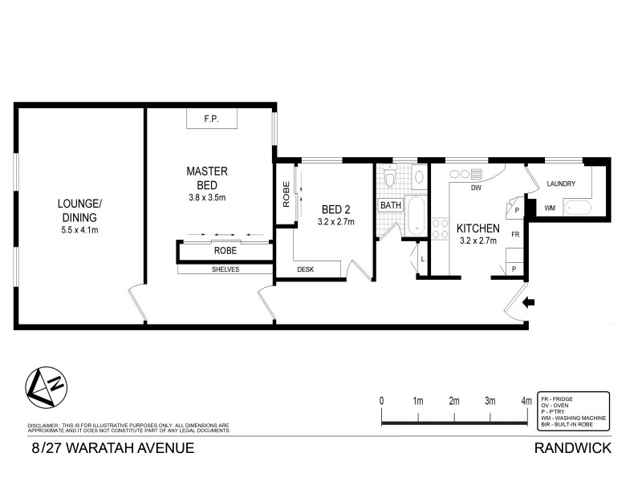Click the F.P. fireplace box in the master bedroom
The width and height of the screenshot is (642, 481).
click(212, 119)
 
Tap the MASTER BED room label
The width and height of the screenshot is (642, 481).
click(207, 178)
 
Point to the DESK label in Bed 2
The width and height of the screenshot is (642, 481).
click(306, 269)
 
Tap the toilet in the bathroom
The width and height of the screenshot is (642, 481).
click(389, 177)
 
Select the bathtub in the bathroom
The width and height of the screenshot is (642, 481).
click(416, 216)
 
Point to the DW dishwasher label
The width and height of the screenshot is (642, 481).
click(475, 188)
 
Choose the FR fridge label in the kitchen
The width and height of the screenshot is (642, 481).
click(515, 234)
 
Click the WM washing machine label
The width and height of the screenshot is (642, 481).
click(550, 208)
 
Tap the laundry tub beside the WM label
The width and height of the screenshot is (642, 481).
click(577, 208)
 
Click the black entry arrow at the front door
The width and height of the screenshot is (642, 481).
click(528, 302)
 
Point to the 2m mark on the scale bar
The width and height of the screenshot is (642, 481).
click(454, 401)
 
